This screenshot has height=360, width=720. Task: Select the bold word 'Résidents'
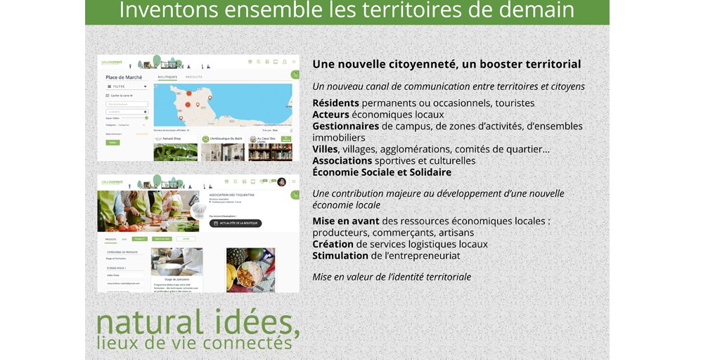click(x=335, y=103)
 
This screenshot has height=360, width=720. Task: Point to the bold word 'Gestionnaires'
click(x=346, y=126)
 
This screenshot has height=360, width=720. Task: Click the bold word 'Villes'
click(x=325, y=149)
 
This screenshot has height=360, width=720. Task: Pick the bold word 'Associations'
click(x=342, y=161)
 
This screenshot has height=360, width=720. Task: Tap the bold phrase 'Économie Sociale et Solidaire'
click(x=382, y=172)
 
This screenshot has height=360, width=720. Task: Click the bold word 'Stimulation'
click(x=340, y=256)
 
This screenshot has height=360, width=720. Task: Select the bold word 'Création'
click(x=333, y=244)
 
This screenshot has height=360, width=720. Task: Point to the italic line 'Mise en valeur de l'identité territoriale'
click(x=392, y=277)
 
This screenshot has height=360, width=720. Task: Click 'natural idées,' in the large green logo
click(x=198, y=322)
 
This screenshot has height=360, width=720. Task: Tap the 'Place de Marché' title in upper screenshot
click(x=124, y=77)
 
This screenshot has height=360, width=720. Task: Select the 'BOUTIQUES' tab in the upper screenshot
click(x=167, y=77)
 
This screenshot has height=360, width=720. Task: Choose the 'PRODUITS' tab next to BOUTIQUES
click(x=194, y=77)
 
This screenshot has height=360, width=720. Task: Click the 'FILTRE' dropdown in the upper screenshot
click(x=127, y=86)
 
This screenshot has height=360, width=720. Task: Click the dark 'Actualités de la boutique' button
click(x=236, y=224)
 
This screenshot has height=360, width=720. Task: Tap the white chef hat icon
click(x=199, y=210)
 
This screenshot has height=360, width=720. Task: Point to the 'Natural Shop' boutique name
click(x=172, y=139)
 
